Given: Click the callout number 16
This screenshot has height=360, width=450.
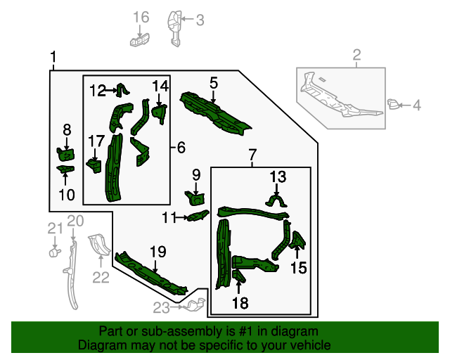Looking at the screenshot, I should coord(141,16).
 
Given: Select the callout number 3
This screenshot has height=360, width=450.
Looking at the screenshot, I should coord(200,20).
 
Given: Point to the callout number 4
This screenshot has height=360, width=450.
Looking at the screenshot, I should coord(416,106).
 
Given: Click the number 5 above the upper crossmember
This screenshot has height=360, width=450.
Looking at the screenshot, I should coord(214,83).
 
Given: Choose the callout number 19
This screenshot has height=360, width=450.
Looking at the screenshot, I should coord(157,252).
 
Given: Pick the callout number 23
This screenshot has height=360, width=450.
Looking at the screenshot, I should coord(162,307).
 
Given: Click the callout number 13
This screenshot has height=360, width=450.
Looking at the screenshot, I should coord(278,176).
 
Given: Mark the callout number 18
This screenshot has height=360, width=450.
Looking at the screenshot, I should coord(240,303).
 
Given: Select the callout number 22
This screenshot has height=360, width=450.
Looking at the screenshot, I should coord(101,278).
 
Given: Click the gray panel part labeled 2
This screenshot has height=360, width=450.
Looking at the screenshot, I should coord(340,98).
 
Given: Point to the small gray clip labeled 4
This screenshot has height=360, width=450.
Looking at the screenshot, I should coord(393,105).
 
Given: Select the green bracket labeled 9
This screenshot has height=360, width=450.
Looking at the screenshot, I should coord(195,199).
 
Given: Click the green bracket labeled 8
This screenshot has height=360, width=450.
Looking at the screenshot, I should coord(65,153).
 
